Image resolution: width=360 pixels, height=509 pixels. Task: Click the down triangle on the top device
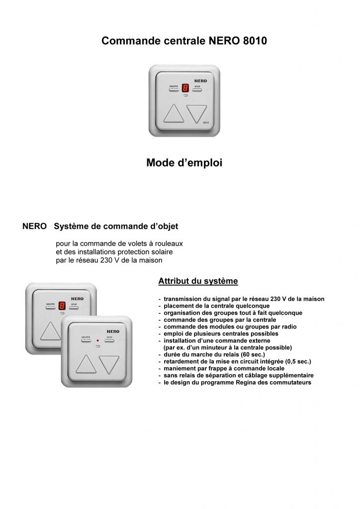[x=196, y=114]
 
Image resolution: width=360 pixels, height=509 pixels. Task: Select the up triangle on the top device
[x=174, y=114]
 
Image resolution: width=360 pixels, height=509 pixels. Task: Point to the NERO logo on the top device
[x=200, y=80]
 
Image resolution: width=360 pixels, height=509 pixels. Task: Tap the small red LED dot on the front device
[x=98, y=341]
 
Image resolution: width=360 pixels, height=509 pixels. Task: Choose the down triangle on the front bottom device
[x=110, y=365]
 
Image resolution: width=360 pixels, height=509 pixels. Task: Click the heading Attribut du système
[x=198, y=281]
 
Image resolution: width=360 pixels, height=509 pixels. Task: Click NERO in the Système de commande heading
[x=35, y=226]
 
